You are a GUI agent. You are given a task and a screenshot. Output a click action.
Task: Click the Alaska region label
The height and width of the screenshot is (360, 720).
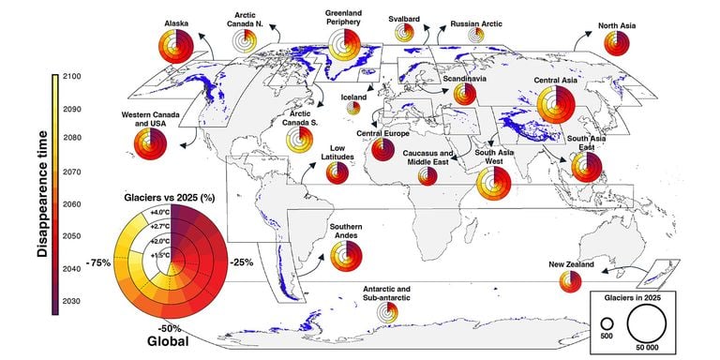click(176, 22)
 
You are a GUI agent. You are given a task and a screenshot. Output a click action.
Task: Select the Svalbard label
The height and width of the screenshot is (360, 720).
click(404, 18)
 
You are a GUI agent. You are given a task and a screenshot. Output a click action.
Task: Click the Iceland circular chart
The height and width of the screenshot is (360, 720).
click(353, 108)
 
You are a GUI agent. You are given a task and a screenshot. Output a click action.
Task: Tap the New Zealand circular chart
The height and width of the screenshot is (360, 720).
click(567, 282)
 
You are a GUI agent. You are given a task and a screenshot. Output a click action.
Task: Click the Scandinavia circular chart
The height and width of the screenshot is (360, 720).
click(465, 94)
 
